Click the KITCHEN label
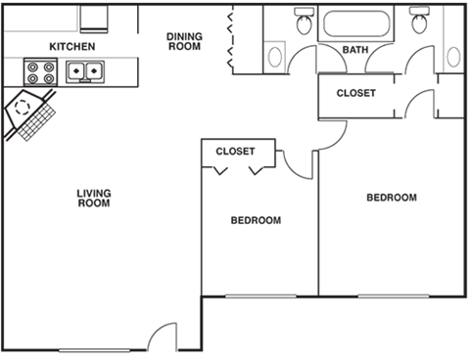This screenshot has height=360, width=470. [x=71, y=46]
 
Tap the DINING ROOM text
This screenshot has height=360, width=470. [x=184, y=41]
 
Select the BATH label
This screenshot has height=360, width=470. [x=354, y=50]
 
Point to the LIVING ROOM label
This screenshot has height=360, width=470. [x=93, y=199]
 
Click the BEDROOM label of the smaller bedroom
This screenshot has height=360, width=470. [x=256, y=220]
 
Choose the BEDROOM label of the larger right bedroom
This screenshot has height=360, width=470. [x=391, y=198]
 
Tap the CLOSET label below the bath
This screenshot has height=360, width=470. [x=355, y=93]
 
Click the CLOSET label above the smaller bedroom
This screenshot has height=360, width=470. [x=235, y=152]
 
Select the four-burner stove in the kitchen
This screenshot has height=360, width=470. [x=41, y=70]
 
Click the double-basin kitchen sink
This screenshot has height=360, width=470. [x=85, y=70]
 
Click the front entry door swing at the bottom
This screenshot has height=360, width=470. [x=161, y=338]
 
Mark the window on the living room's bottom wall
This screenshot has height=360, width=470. [x=94, y=349]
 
